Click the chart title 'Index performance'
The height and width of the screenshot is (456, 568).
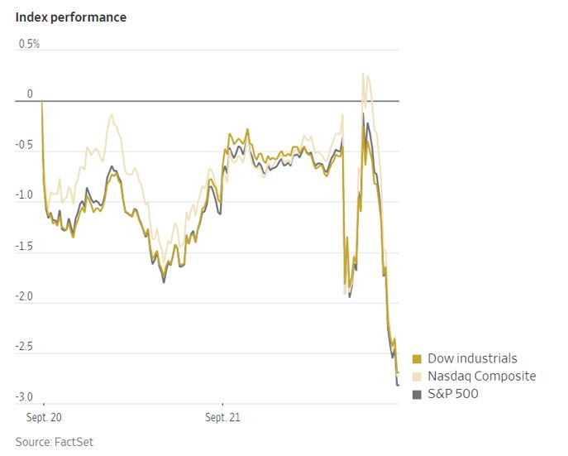[71, 17]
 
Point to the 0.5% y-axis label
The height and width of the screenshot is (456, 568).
[30, 43]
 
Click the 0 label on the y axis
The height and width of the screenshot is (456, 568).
[30, 94]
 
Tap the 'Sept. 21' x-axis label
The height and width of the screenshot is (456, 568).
[222, 418]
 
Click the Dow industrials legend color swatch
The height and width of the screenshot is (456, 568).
[417, 359]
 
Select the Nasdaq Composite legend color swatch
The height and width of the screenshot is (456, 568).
[417, 377]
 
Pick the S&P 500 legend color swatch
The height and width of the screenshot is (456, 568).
[417, 394]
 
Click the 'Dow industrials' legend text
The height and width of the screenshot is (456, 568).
[472, 358]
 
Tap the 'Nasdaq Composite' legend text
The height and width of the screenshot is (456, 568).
[482, 377]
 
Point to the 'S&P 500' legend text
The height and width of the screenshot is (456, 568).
[453, 394]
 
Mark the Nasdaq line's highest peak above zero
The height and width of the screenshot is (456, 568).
[363, 74]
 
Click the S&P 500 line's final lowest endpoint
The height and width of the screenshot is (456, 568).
[398, 385]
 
